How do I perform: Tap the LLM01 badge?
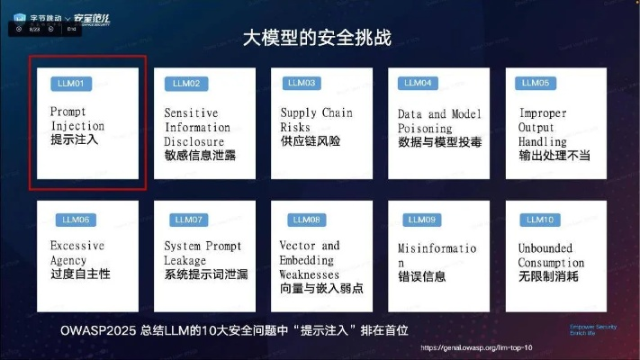(x=68, y=84)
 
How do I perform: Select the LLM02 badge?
(x=186, y=84)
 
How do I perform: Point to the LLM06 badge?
(x=75, y=219)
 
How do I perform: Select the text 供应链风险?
(x=310, y=141)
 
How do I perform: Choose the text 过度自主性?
(x=80, y=273)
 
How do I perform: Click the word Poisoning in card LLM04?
(x=427, y=128)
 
